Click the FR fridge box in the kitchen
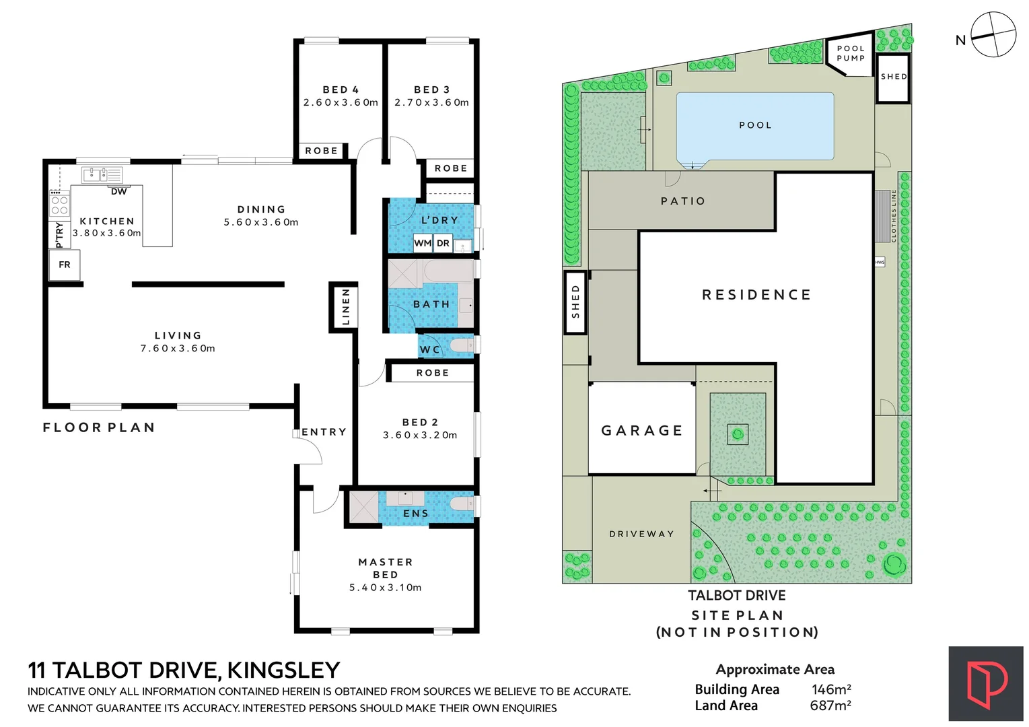[65, 265]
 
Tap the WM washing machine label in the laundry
[423, 243]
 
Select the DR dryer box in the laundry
[443, 243]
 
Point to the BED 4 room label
[341, 90]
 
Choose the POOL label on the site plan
[755, 125]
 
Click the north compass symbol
[993, 34]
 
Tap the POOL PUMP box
[851, 53]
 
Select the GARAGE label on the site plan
[642, 431]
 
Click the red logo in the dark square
[986, 684]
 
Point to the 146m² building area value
[831, 689]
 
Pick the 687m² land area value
[830, 705]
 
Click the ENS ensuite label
[415, 514]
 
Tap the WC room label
[429, 349]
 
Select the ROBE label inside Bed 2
[432, 373]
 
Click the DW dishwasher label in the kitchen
[118, 192]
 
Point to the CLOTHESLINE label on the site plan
[894, 216]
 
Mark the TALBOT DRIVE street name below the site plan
[736, 596]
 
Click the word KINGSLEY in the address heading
[283, 670]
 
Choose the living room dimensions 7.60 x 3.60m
[178, 349]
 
